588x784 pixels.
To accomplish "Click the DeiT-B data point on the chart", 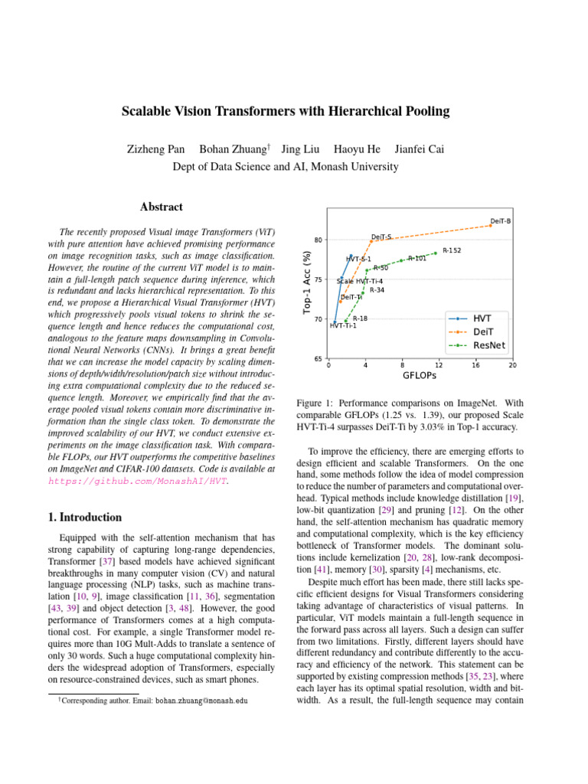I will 491,225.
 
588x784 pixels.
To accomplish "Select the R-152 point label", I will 451,250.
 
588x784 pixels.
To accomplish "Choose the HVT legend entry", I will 482,317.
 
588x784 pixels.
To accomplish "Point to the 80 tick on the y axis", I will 317,240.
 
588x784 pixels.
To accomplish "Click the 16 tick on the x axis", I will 475,365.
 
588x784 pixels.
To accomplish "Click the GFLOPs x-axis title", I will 419,376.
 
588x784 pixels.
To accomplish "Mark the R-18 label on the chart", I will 360,318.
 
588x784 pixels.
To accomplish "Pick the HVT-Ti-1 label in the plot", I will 342,326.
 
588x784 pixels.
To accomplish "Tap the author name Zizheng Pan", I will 155,149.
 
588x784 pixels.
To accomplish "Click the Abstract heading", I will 162,207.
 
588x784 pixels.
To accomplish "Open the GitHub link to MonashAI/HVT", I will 138,482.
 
